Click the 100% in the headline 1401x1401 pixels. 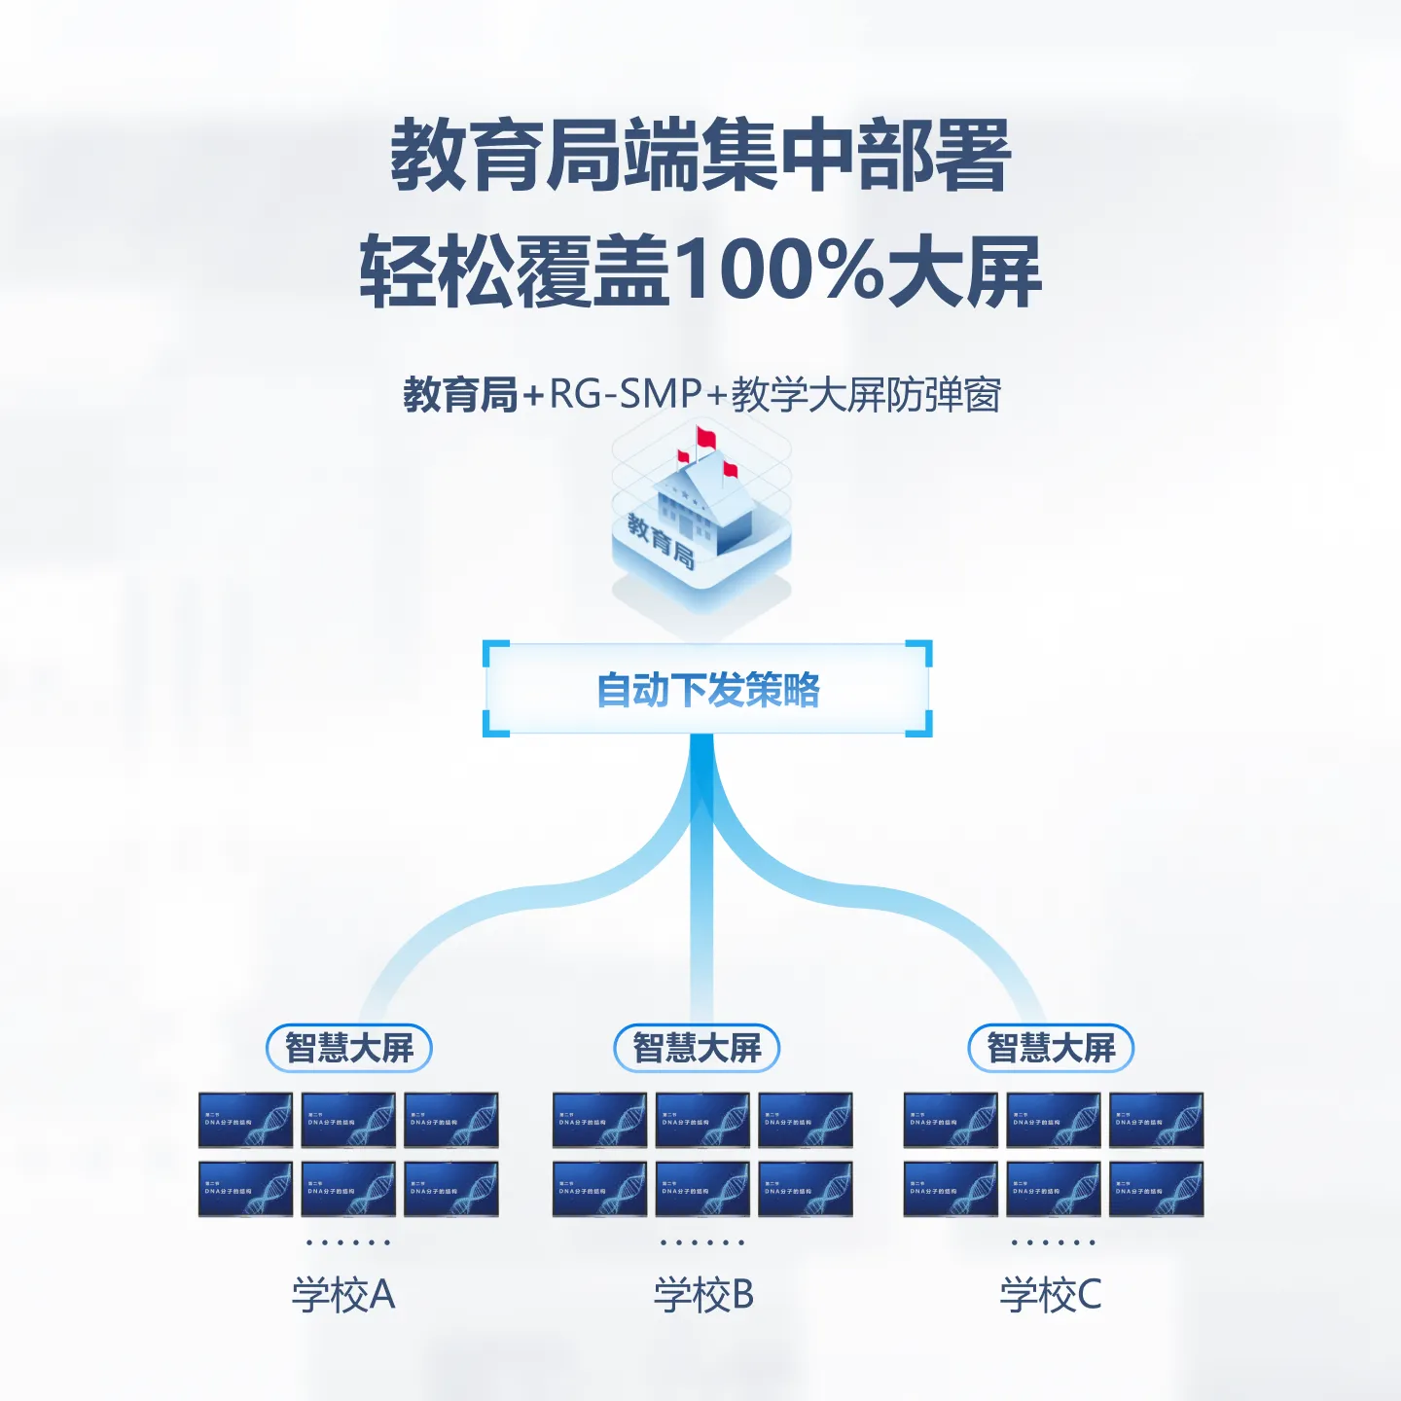[777, 270]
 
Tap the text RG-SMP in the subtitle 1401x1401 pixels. [626, 394]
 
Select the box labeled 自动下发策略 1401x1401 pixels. [707, 689]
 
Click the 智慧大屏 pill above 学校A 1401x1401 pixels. [349, 1048]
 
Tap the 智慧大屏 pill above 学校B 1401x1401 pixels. [697, 1048]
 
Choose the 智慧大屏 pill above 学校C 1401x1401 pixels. [1051, 1048]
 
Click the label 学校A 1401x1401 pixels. [343, 1295]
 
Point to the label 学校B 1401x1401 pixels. [703, 1295]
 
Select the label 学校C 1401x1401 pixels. [1051, 1295]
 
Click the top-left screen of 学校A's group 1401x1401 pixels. [246, 1120]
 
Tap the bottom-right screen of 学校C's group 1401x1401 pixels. [1157, 1189]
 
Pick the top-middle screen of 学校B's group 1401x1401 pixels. [702, 1120]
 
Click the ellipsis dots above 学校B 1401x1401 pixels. [702, 1242]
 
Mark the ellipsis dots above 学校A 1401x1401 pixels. [348, 1242]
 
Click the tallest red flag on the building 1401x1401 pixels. [704, 437]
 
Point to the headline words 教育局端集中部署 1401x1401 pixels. [700, 156]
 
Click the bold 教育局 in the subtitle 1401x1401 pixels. [460, 395]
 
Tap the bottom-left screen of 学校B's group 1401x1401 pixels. [599, 1189]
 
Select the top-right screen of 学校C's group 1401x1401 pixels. [1157, 1120]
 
